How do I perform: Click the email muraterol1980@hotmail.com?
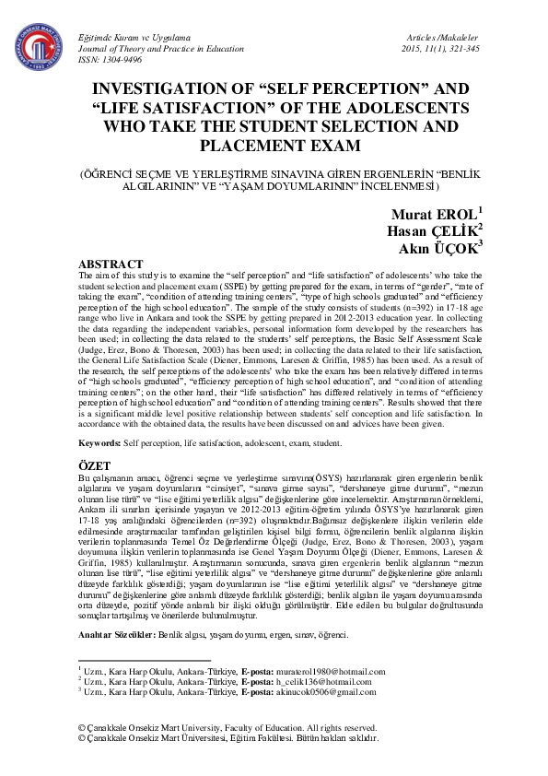[x=332, y=672]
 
